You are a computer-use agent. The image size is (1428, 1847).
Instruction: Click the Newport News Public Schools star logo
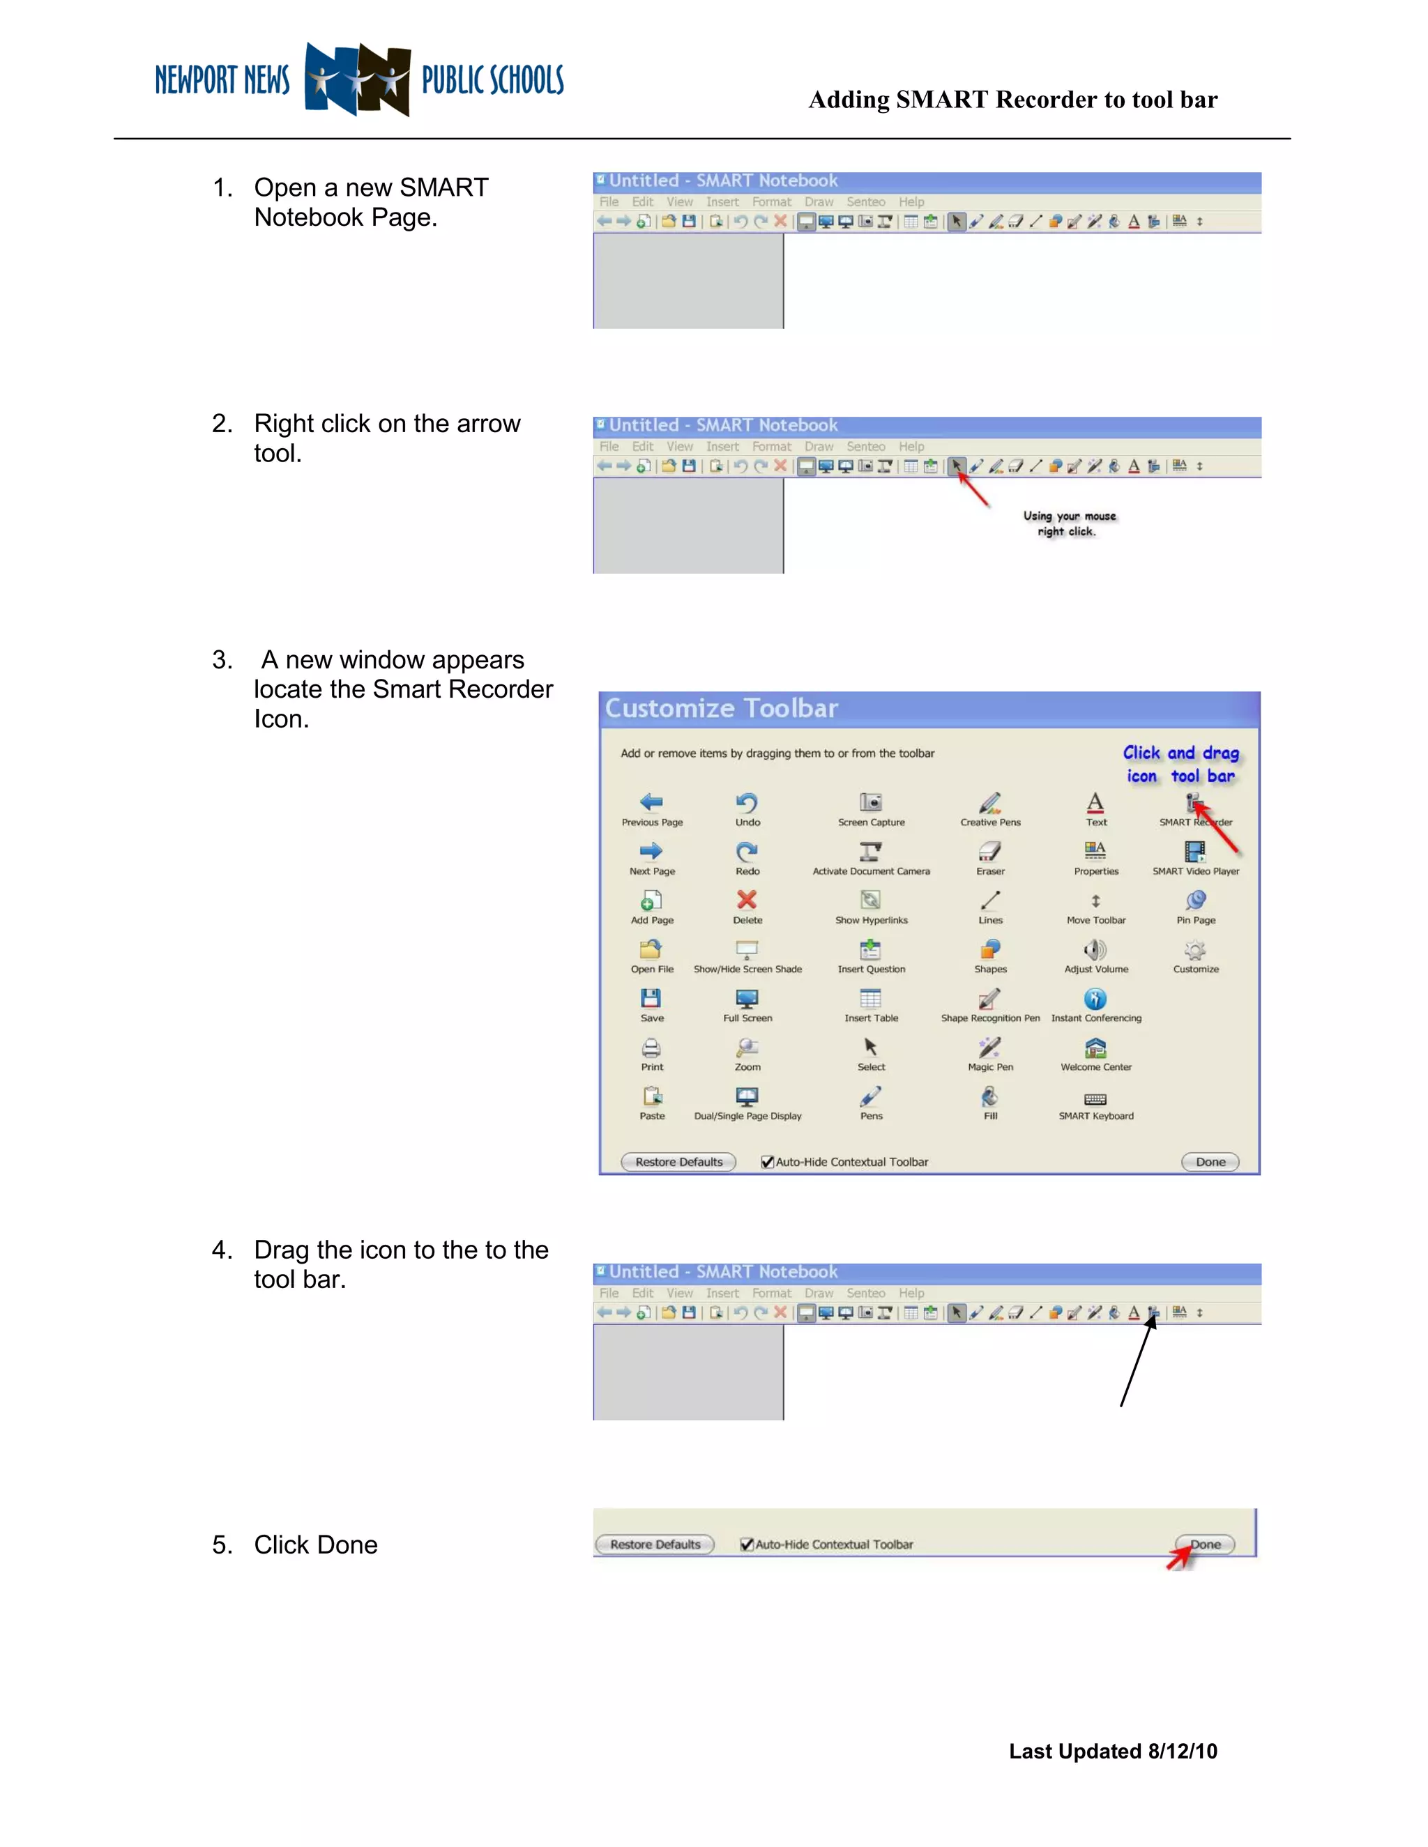tap(358, 79)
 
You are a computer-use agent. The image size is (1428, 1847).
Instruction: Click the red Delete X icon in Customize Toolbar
tap(747, 900)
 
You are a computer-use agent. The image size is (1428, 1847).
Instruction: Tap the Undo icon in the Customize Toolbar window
tap(747, 802)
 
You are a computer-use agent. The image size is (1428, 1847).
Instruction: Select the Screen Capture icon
tap(870, 802)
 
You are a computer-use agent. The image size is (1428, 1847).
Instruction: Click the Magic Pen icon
tap(990, 1048)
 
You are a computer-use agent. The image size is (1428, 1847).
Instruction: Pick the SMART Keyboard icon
tap(1095, 1098)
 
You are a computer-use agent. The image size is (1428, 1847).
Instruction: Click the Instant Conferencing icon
tap(1095, 999)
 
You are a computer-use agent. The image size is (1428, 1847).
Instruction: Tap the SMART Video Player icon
tap(1195, 851)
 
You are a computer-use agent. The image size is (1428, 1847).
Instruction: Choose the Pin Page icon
tap(1195, 900)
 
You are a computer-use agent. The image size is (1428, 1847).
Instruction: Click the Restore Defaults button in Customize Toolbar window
tap(678, 1162)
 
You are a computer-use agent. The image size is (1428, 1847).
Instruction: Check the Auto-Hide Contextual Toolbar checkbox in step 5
tap(747, 1545)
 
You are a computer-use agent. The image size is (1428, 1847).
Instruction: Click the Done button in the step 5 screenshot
tap(1206, 1545)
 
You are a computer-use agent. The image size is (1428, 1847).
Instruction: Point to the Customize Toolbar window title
tap(722, 708)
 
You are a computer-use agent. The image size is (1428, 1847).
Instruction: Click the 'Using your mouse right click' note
tap(1068, 523)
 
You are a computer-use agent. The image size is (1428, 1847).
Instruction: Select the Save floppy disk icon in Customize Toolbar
tap(651, 999)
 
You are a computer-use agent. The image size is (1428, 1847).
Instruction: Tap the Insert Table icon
tap(870, 999)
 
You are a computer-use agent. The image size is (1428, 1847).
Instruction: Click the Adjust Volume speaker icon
tap(1095, 950)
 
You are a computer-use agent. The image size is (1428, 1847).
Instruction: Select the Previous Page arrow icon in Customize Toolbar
tap(651, 802)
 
